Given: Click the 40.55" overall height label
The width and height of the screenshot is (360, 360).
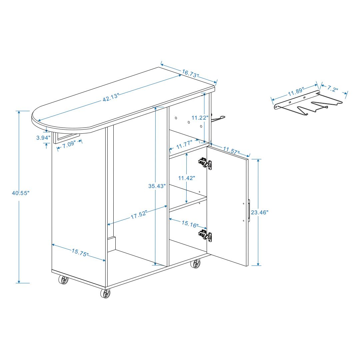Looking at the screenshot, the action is click(21, 193).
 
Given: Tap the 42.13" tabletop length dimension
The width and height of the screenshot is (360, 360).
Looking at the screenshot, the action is click(110, 97).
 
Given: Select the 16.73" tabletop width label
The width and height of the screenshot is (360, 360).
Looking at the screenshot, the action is click(190, 73).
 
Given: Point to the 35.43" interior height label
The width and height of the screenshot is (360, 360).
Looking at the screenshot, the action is click(157, 186).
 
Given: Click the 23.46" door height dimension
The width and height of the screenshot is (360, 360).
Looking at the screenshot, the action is click(259, 212).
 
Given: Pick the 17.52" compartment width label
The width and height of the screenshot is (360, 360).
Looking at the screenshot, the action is click(139, 215).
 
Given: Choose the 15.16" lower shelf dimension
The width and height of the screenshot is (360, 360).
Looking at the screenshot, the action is click(190, 224).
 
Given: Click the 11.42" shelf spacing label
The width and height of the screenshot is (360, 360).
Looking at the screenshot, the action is click(187, 178).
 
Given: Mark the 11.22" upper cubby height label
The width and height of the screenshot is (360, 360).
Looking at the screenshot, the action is click(200, 118).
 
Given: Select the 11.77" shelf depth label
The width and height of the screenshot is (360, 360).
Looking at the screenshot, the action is click(184, 144).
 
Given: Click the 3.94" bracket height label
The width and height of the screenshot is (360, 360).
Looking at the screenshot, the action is click(43, 138).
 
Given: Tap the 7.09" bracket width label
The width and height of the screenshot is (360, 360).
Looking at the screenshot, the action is click(69, 144).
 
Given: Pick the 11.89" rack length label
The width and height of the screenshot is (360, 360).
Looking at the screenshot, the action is click(296, 92).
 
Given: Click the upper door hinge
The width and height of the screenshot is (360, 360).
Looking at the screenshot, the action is click(205, 163).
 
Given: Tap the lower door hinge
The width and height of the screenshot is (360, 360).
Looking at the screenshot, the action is click(205, 235).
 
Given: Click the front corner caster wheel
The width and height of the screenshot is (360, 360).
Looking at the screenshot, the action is click(105, 293).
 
